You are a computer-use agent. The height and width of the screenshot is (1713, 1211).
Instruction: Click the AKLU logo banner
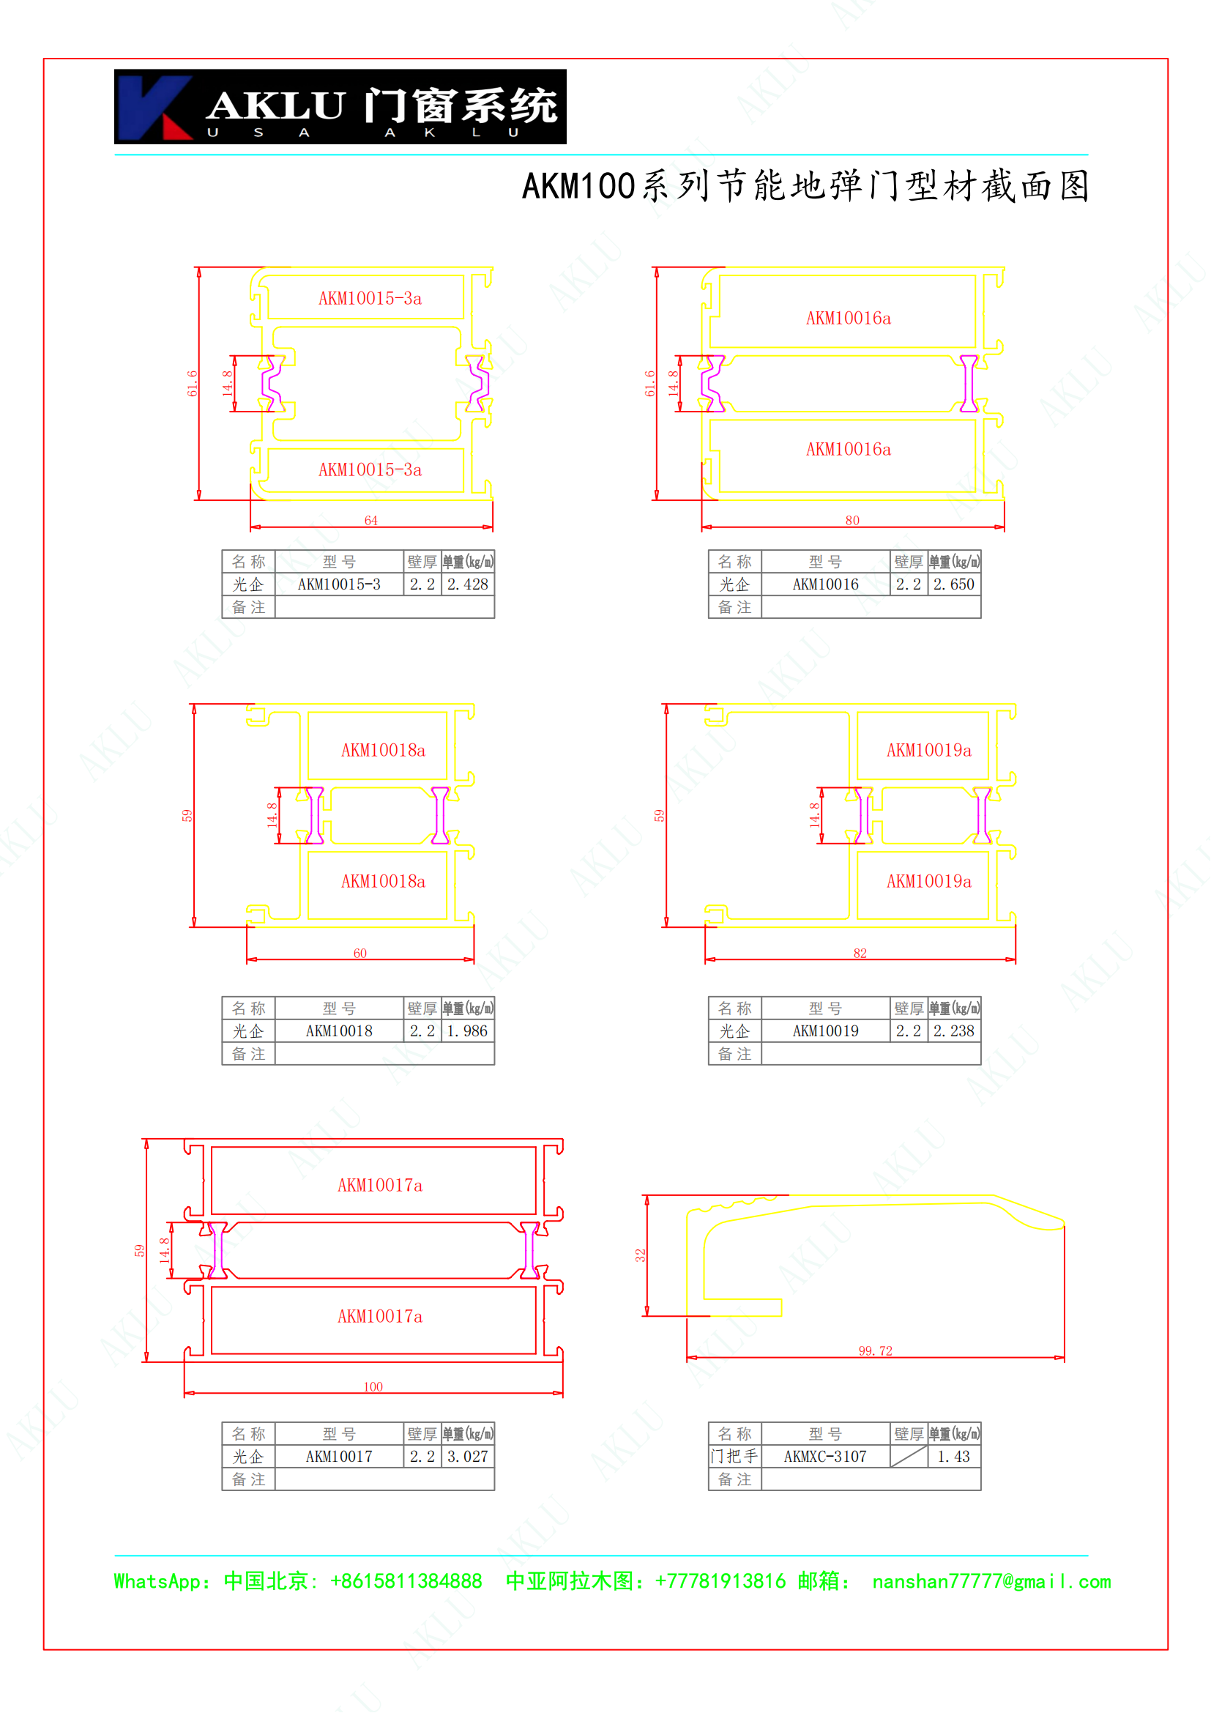[x=340, y=107]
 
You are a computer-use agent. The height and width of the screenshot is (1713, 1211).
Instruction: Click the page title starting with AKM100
[x=805, y=186]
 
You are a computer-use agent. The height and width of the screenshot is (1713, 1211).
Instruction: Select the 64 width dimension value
[x=370, y=520]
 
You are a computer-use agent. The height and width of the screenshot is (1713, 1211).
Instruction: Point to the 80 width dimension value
[x=852, y=520]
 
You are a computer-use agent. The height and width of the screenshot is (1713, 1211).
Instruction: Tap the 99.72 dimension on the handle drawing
[x=876, y=1350]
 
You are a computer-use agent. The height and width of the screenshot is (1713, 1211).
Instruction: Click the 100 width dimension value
[x=373, y=1386]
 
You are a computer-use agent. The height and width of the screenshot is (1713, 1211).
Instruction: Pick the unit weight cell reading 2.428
[x=468, y=584]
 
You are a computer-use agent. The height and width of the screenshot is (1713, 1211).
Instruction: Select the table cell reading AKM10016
[x=825, y=584]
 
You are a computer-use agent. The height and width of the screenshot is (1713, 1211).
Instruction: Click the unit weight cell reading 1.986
[x=468, y=1031]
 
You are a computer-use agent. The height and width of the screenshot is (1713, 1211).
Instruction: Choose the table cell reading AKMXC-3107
[x=825, y=1457]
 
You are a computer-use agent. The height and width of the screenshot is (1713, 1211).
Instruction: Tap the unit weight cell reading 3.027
[x=468, y=1457]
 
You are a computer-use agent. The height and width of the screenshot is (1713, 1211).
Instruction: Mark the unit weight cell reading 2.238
[x=954, y=1031]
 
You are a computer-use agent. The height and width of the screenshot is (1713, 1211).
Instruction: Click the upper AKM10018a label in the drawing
[x=383, y=750]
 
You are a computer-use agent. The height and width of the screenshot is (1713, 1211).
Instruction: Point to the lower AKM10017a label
[x=380, y=1316]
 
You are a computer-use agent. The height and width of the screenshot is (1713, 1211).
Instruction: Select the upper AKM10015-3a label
[x=370, y=298]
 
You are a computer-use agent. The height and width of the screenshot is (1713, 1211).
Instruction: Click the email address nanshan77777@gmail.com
[x=992, y=1582]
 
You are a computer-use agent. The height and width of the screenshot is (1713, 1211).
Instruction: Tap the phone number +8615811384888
[x=406, y=1582]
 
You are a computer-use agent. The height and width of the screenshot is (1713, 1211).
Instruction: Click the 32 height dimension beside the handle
[x=640, y=1256]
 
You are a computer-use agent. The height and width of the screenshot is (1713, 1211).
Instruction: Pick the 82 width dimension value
[x=860, y=953]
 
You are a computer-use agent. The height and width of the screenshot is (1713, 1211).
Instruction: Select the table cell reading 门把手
[x=734, y=1457]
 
